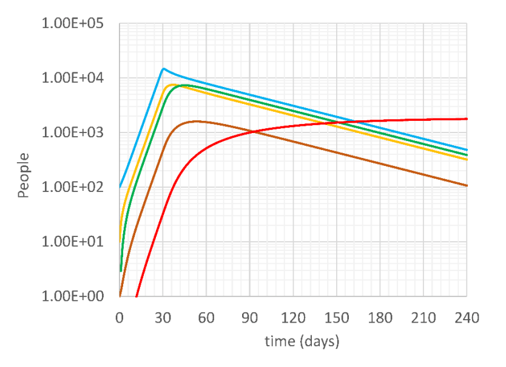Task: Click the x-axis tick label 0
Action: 120,317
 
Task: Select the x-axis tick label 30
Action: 163,317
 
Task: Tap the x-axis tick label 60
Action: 206,317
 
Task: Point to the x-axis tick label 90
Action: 249,317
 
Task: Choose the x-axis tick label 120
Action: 293,317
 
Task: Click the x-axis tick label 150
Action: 336,317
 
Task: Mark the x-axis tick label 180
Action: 380,317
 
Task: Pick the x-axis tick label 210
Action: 423,317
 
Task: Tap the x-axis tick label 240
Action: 467,317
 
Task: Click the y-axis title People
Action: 24,176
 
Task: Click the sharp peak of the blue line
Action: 163,69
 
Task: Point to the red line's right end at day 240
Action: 467,119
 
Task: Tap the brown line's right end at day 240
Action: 467,185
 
